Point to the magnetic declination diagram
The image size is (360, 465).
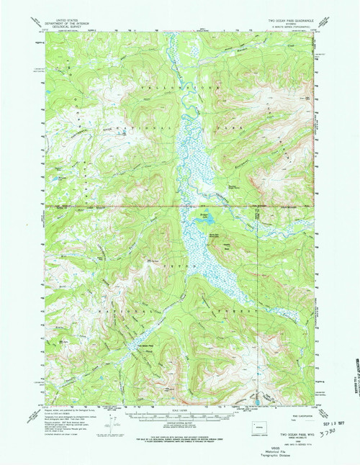pyautogui.click(x=114, y=426)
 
